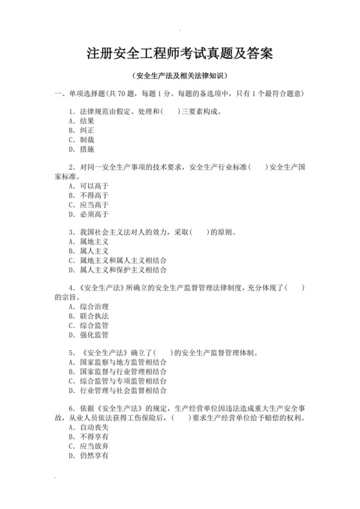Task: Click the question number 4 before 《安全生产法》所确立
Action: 70,288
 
